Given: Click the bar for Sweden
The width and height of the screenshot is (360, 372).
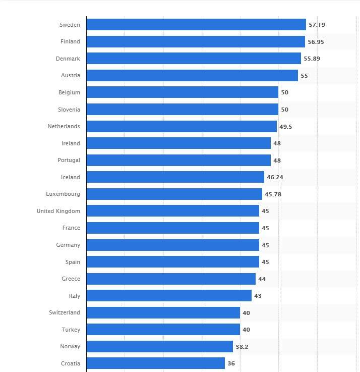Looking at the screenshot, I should pyautogui.click(x=196, y=25).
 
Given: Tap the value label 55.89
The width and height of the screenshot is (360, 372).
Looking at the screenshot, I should pyautogui.click(x=312, y=59).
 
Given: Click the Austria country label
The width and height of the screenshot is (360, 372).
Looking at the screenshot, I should pyautogui.click(x=70, y=76).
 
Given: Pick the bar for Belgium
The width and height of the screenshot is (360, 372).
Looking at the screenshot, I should pyautogui.click(x=182, y=92).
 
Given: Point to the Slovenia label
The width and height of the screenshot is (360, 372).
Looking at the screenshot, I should pyautogui.click(x=69, y=110).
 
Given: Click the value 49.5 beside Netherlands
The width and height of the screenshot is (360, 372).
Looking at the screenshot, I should pyautogui.click(x=285, y=127).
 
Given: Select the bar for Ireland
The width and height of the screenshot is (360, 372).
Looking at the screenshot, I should pyautogui.click(x=178, y=143).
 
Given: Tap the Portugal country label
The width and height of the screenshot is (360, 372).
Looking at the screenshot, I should pyautogui.click(x=69, y=160).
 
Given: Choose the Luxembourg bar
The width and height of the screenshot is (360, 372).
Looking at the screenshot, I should pyautogui.click(x=174, y=194).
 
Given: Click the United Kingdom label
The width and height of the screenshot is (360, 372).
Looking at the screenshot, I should pyautogui.click(x=58, y=211).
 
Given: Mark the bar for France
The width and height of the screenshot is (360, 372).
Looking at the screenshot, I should pyautogui.click(x=172, y=228).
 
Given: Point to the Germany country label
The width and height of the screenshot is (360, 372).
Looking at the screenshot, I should pyautogui.click(x=68, y=245).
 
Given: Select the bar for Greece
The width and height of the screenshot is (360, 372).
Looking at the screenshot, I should pyautogui.click(x=171, y=279).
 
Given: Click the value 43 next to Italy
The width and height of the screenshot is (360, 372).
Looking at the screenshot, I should pyautogui.click(x=258, y=296).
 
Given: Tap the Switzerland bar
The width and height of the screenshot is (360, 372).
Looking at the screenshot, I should pyautogui.click(x=163, y=312).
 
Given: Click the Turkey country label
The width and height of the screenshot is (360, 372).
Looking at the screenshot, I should pyautogui.click(x=71, y=330).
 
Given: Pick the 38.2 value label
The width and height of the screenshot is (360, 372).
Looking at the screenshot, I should pyautogui.click(x=242, y=347).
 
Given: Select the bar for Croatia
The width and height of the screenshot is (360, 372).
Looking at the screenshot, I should pyautogui.click(x=155, y=363).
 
